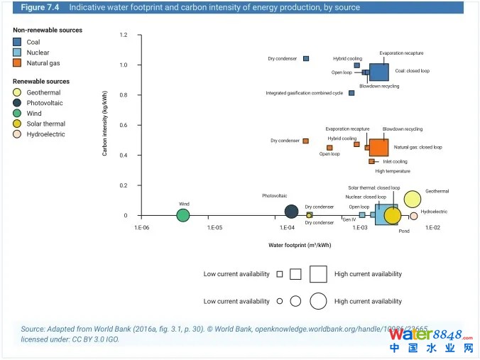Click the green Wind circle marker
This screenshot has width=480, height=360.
click(183, 215)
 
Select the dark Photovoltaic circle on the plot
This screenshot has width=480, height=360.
click(291, 211)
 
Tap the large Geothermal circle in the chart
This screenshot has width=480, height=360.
click(413, 200)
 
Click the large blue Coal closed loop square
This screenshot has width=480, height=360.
click(378, 72)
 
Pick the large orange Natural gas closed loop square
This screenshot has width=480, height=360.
click(378, 148)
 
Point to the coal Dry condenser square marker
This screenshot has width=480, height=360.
click(306, 58)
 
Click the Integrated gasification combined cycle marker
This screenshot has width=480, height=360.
click(351, 93)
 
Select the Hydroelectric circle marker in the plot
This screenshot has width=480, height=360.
click(413, 216)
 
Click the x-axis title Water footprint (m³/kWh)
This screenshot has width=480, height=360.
click(299, 245)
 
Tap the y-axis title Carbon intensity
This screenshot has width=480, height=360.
click(105, 125)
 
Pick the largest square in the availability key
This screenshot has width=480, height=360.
click(317, 273)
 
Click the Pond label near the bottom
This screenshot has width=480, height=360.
click(403, 231)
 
